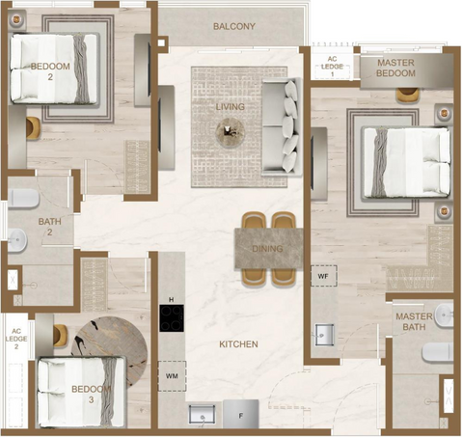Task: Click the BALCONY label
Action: pyautogui.click(x=234, y=26)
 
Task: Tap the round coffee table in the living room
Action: pyautogui.click(x=231, y=132)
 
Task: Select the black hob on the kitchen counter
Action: pyautogui.click(x=172, y=318)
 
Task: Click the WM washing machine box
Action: pyautogui.click(x=172, y=376)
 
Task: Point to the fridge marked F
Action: pyautogui.click(x=241, y=414)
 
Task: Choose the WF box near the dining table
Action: pyautogui.click(x=323, y=276)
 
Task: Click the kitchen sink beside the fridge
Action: pyautogui.click(x=202, y=415)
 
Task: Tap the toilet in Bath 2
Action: pyautogui.click(x=23, y=199)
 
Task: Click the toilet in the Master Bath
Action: pyautogui.click(x=438, y=352)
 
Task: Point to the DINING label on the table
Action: pyautogui.click(x=267, y=249)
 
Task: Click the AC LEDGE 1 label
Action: pyautogui.click(x=332, y=67)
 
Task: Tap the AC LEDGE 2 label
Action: pyautogui.click(x=16, y=339)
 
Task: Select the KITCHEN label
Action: pyautogui.click(x=238, y=344)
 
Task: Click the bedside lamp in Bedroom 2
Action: pyautogui.click(x=15, y=20)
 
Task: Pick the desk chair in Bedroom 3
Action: pyautogui.click(x=61, y=336)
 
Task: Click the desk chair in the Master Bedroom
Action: pyautogui.click(x=408, y=96)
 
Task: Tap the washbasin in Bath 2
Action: pyautogui.click(x=17, y=240)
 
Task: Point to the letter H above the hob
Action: pyautogui.click(x=172, y=300)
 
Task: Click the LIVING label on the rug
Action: pyautogui.click(x=231, y=107)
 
